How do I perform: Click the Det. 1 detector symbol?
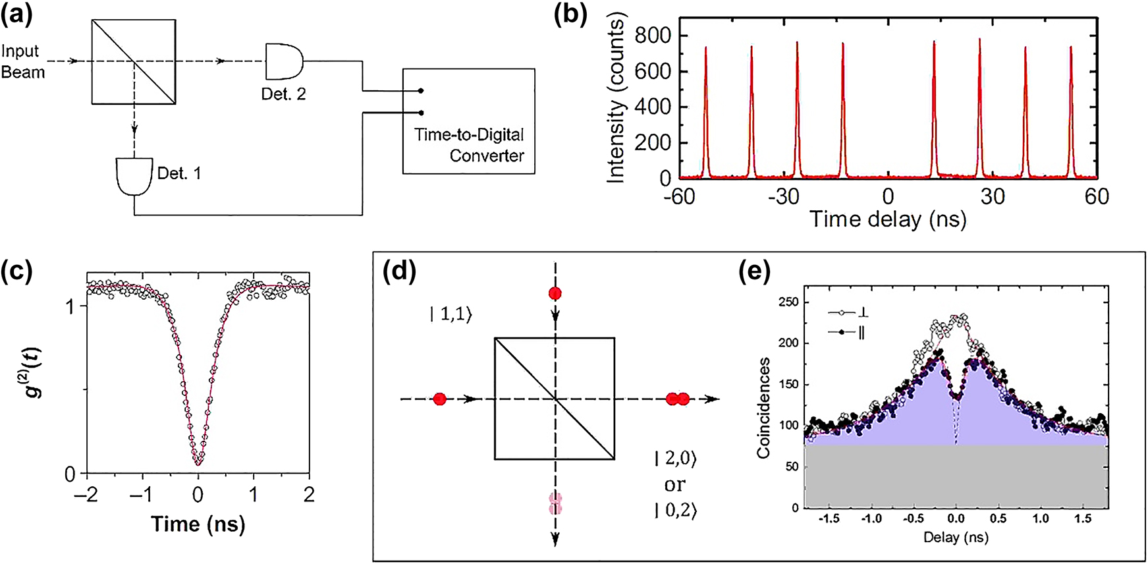(134, 176)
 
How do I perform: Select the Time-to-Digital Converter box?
(468, 121)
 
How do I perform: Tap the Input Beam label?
(22, 61)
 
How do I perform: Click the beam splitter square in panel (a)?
(134, 61)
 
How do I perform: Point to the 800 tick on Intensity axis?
(652, 36)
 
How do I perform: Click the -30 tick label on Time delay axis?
(783, 196)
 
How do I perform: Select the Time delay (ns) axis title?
(888, 219)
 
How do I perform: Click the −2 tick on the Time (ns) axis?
(86, 494)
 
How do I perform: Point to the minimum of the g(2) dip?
(198, 463)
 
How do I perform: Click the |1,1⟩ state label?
(451, 314)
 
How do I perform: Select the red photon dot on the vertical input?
(555, 293)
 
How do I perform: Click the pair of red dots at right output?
(677, 399)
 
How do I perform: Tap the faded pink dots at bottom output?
(555, 503)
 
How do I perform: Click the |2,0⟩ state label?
(675, 458)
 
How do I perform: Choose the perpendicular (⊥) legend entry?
(848, 312)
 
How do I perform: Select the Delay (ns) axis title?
(955, 537)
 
